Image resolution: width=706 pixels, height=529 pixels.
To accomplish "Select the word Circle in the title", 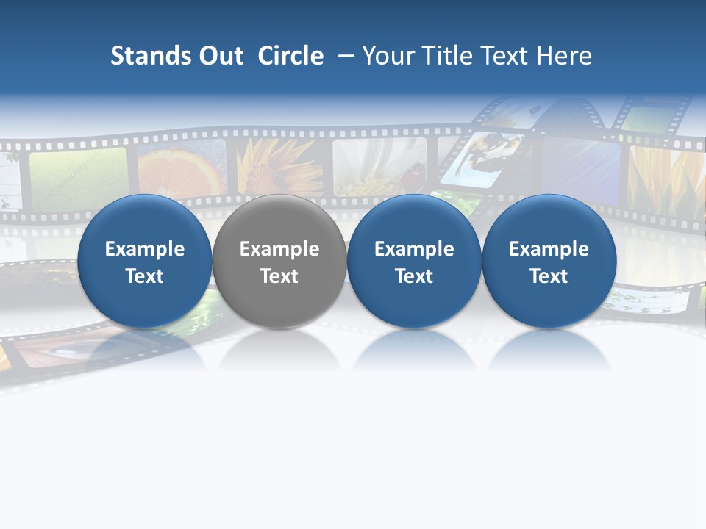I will coord(290,56).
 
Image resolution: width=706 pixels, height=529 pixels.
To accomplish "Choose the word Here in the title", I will coord(564,56).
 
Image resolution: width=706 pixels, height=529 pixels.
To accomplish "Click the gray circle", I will coord(279,261).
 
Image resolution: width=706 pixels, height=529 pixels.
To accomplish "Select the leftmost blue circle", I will coord(145,261).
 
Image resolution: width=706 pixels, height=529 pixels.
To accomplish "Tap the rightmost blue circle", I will coord(549,261).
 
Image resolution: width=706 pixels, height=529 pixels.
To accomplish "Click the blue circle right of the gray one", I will coord(414,261).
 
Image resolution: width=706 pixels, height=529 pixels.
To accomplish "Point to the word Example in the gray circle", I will coord(279,249).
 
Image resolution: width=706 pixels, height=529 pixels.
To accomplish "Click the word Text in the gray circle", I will coord(279,276).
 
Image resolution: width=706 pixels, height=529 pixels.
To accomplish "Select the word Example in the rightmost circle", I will coord(549,249).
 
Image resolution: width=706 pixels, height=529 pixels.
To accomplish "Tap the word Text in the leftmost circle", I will coord(145,276).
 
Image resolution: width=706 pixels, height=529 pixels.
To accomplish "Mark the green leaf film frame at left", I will coord(77,176).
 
